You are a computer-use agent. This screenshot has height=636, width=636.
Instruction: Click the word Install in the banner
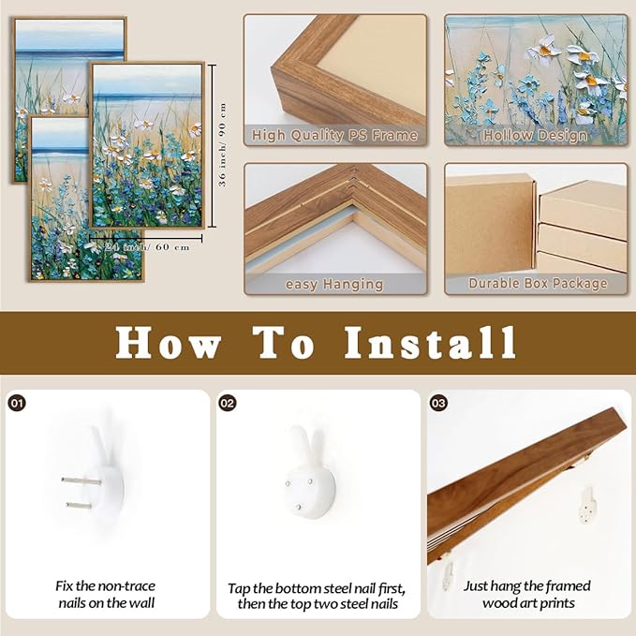430,343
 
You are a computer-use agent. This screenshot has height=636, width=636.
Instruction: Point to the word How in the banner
168,343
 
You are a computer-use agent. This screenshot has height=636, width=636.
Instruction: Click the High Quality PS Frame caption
334,136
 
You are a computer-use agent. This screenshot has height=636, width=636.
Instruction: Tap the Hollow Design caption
535,136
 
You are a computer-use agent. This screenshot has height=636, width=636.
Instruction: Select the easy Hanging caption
334,283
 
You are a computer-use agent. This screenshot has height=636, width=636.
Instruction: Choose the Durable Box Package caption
535,283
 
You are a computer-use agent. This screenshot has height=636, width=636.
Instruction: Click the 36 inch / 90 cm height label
223,145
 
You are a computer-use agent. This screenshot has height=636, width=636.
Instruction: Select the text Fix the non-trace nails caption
104,594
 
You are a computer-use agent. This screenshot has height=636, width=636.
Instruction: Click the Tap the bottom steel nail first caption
317,595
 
